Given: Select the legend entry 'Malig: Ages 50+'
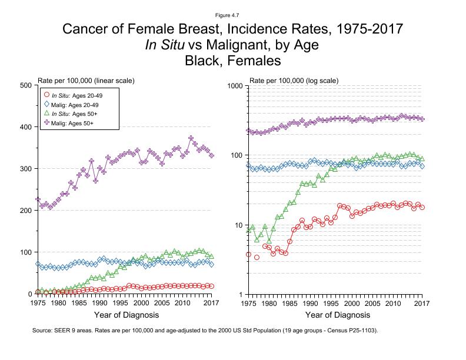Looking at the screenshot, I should [x=72, y=123].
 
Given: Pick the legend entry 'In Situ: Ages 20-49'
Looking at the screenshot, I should [x=74, y=95].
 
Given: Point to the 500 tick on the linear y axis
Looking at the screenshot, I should [x=24, y=85].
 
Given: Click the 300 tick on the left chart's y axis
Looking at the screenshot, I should [x=24, y=169].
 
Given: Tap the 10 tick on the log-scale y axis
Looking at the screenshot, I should [x=239, y=225].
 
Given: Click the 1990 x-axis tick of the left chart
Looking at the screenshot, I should [x=99, y=303].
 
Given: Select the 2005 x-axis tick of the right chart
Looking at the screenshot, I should [x=372, y=303].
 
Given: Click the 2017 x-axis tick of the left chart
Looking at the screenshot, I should [x=211, y=303].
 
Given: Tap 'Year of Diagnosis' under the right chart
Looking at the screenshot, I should [x=335, y=315].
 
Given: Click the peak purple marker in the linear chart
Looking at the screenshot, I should [x=191, y=138].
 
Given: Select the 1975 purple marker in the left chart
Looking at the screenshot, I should [x=38, y=199].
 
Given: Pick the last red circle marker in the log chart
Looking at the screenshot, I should [x=422, y=207].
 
